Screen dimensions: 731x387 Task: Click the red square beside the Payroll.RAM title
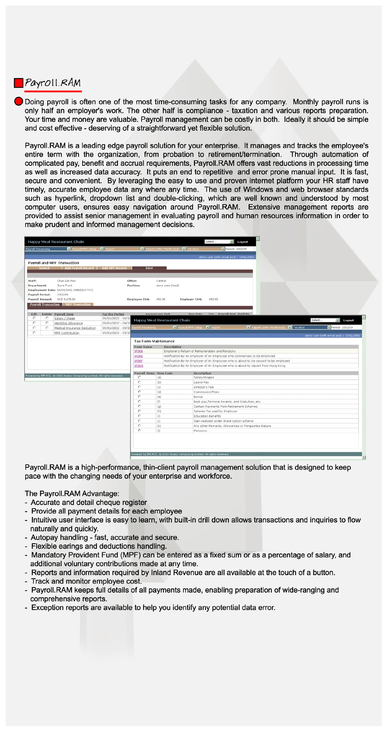[18, 83]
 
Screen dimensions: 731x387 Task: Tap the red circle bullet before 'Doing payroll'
[18, 102]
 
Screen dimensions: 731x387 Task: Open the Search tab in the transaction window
[44, 268]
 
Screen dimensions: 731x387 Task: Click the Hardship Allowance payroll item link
[68, 323]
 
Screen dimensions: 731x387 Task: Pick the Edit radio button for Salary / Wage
[34, 318]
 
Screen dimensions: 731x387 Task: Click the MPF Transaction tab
[78, 305]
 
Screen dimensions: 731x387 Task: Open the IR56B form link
[139, 351]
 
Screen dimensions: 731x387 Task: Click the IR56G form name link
[139, 365]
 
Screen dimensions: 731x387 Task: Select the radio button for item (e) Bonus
[139, 396]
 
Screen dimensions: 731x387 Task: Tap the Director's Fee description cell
[204, 387]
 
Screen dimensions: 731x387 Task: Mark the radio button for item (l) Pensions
[139, 430]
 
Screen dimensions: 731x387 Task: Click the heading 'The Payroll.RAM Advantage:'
[72, 493]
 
